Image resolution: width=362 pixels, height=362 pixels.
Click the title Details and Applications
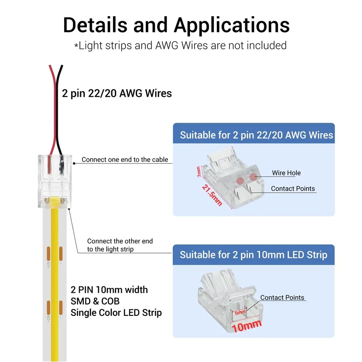click(176, 25)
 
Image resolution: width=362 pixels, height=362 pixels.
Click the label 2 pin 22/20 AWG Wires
click(117, 94)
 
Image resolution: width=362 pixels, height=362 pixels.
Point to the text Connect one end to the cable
click(125, 160)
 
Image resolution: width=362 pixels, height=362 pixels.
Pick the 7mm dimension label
click(199, 172)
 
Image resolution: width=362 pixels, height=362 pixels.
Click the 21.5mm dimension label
click(212, 195)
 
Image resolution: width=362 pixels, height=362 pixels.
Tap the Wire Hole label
click(286, 173)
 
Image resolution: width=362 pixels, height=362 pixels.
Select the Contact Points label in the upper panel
click(293, 189)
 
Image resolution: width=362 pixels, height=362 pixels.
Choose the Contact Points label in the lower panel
click(282, 298)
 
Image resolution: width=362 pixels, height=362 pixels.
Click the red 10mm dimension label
click(247, 326)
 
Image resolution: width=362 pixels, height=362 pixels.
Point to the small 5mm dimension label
click(240, 313)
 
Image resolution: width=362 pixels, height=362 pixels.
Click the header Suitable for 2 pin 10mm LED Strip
click(253, 255)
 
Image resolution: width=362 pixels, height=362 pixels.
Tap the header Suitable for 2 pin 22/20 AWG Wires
click(257, 135)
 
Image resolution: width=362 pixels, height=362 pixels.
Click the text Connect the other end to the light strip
click(120, 245)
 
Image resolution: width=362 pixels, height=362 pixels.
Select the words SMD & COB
click(95, 301)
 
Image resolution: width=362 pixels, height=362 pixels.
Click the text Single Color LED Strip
click(116, 313)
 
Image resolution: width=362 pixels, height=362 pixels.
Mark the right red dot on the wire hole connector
click(253, 177)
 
